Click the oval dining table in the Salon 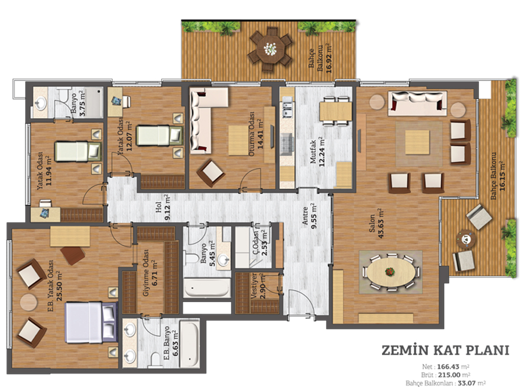click(389, 272)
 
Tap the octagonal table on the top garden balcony click(270, 50)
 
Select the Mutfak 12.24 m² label click(317, 152)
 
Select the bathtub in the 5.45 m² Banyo click(207, 288)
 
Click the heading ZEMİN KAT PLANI click(445, 350)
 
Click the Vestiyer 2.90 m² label click(258, 286)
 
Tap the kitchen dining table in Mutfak click(336, 111)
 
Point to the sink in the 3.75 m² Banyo click(41, 103)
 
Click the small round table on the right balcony click(466, 239)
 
